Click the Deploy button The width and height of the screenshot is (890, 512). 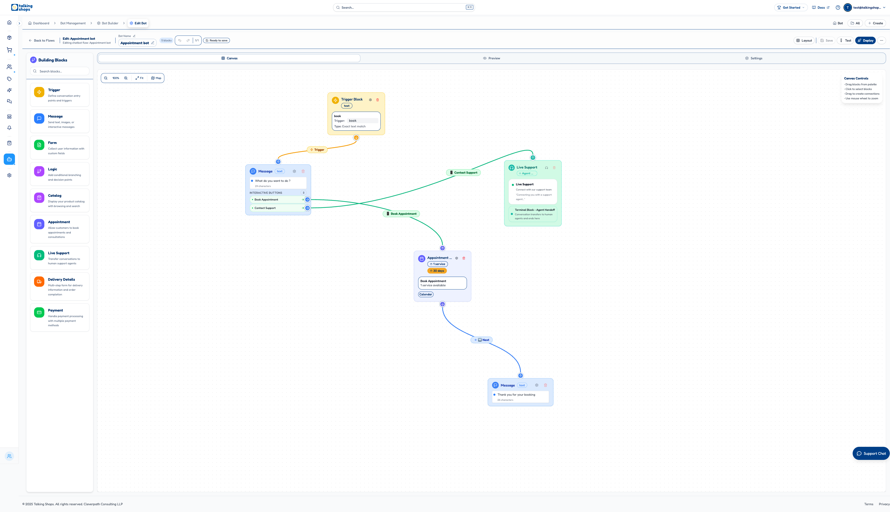coord(865,40)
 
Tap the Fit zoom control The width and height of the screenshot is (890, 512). coord(139,78)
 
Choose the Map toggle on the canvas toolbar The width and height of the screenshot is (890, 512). coord(156,78)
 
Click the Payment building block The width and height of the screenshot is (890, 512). coord(60,317)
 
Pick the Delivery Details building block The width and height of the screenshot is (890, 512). coord(60,286)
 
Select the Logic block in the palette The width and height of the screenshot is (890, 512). coord(60,174)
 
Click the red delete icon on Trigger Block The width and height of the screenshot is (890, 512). coord(378,100)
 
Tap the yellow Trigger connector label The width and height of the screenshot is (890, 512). coord(317,150)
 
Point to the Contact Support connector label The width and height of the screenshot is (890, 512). coord(463,173)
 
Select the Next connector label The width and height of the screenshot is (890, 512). coord(482,340)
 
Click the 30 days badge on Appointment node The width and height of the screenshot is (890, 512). coord(437,271)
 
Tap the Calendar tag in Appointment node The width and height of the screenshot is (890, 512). coord(426,294)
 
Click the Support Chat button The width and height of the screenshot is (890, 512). coord(871,454)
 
